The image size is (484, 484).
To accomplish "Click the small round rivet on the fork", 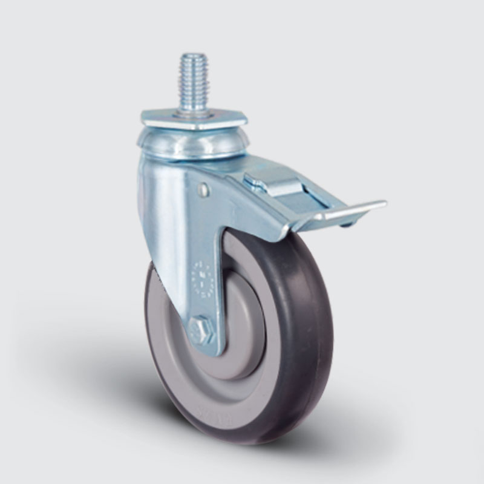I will tap(203, 190).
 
